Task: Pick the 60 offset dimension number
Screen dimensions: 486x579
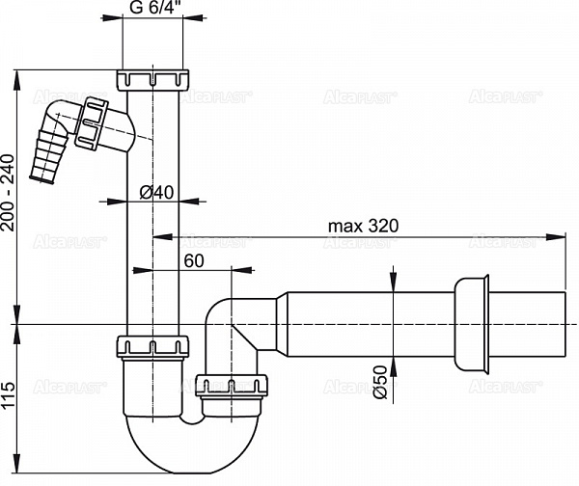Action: click(194, 261)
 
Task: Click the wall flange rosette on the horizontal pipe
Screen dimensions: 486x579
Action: click(472, 324)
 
